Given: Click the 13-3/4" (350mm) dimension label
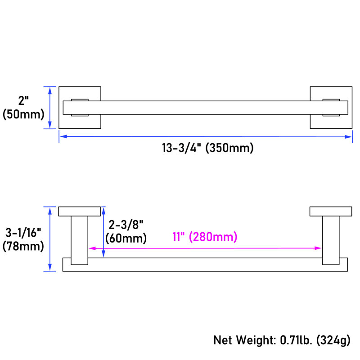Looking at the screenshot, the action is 207,148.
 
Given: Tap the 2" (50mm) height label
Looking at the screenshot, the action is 23,108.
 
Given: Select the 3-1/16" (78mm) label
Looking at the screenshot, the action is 23,239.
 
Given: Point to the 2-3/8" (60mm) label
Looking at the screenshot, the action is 126,231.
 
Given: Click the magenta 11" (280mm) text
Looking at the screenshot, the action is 205,237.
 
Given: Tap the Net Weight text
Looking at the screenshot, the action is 245,340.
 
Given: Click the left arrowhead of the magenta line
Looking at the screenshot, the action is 92,248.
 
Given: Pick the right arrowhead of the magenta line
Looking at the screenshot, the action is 318,248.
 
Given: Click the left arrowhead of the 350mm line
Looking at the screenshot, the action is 63,136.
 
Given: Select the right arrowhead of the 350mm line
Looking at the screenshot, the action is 348,137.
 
